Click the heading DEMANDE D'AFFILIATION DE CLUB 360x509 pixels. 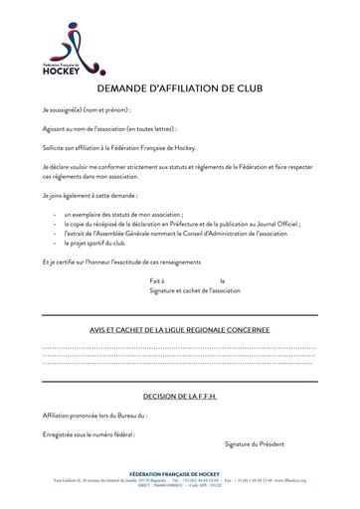180,88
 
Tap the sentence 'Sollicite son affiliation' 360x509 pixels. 119,147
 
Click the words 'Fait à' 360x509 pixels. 157,281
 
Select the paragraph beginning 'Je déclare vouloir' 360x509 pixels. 179,171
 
